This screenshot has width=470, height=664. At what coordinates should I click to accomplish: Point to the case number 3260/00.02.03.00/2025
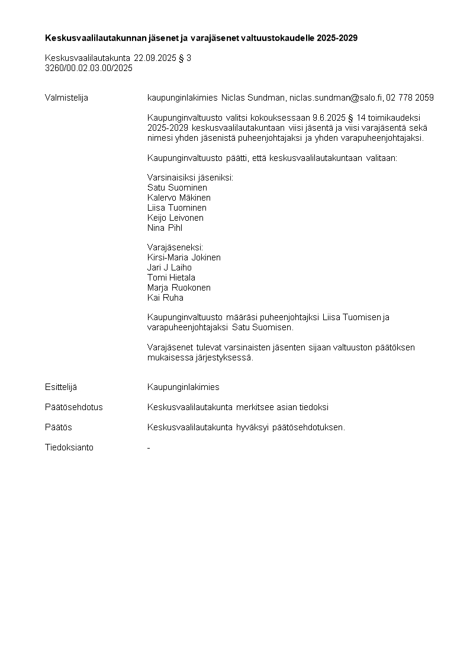(x=89, y=68)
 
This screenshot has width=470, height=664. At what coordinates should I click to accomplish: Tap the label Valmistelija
(x=66, y=98)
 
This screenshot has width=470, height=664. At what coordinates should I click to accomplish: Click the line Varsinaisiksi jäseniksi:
(x=190, y=178)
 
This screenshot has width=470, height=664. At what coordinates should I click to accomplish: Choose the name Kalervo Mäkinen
(x=179, y=198)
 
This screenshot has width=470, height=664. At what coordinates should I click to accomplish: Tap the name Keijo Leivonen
(x=175, y=218)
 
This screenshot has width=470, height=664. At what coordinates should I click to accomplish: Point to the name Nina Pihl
(x=165, y=228)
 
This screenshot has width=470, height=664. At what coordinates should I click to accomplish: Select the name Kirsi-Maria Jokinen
(x=184, y=257)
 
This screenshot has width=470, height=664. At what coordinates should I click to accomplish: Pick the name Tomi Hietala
(x=171, y=278)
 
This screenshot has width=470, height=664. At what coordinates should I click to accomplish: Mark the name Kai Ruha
(x=165, y=298)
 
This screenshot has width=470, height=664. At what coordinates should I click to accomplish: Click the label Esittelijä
(x=61, y=387)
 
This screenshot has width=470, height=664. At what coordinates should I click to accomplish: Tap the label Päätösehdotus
(x=73, y=407)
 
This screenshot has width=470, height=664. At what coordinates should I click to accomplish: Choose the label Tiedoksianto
(x=69, y=447)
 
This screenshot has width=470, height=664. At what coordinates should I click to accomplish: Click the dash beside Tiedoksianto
(x=149, y=448)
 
